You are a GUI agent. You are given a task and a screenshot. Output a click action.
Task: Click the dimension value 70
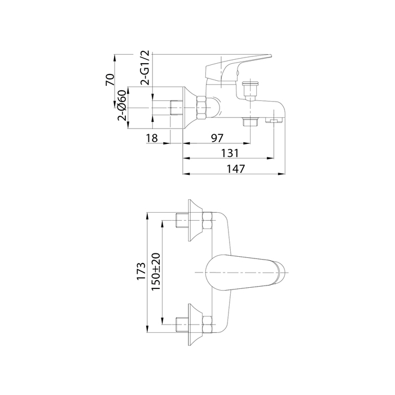point(111,80)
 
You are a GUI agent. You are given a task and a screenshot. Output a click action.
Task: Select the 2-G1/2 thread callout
point(146,68)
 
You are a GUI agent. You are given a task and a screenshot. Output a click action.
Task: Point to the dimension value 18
point(152,138)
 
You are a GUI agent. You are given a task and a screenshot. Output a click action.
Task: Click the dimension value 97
point(217,138)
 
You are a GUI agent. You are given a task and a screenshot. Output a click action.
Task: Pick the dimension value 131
point(230,153)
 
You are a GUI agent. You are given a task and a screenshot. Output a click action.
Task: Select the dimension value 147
point(235,169)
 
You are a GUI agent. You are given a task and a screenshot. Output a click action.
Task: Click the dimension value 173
point(141,271)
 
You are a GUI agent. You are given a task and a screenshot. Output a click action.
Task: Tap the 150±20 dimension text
point(156,272)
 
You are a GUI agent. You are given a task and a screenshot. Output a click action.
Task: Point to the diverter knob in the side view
point(250,89)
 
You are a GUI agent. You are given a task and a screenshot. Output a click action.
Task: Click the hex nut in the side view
point(202,108)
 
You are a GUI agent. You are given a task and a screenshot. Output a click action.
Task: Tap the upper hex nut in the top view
point(207,221)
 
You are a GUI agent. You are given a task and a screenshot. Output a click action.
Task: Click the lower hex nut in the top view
point(207,324)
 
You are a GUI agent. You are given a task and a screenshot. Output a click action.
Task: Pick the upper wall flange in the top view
point(195,221)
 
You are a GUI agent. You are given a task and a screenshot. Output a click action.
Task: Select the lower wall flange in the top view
point(195,324)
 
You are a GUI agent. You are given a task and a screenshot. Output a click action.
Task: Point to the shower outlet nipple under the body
point(250,122)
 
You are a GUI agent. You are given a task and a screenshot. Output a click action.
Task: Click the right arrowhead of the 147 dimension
point(282,174)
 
